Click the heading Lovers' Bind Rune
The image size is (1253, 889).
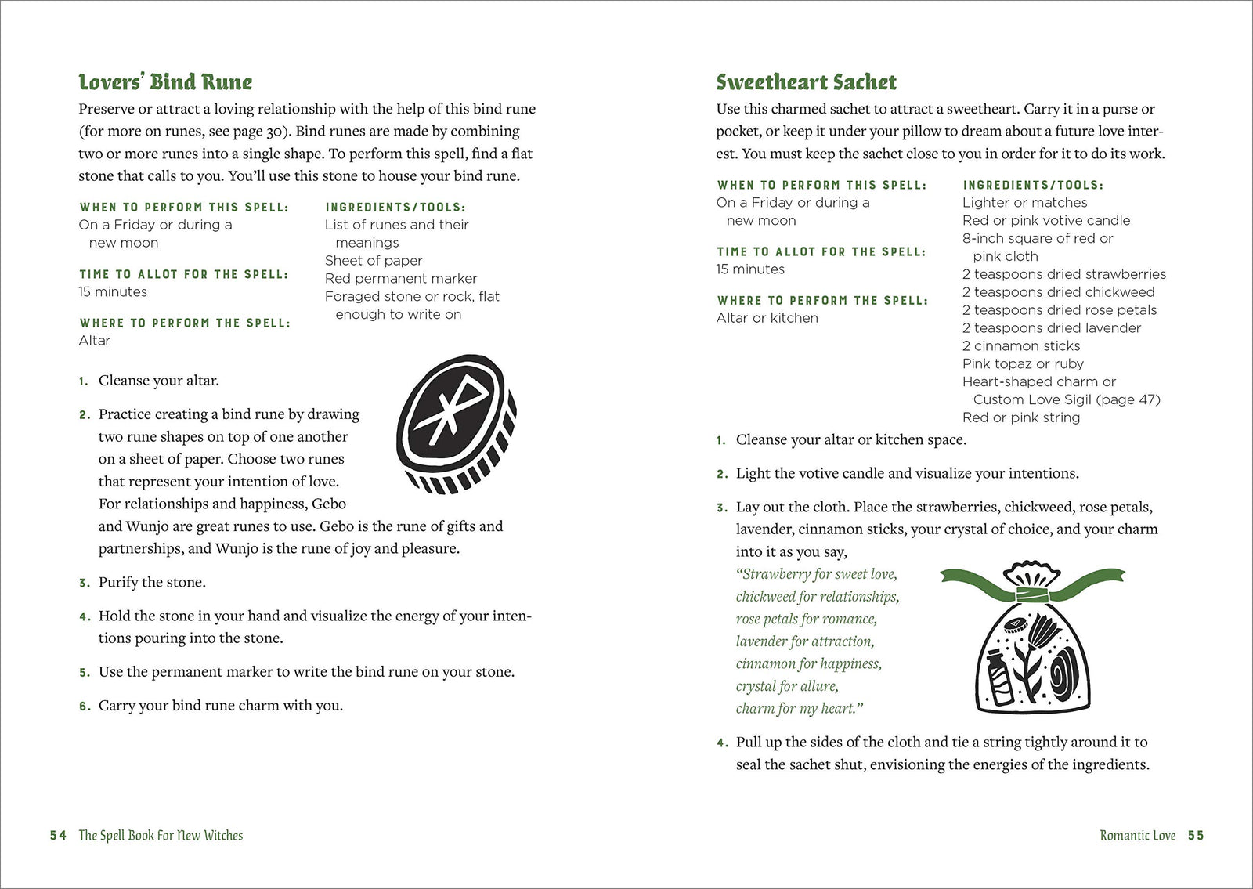point(165,82)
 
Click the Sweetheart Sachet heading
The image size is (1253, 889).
point(806,82)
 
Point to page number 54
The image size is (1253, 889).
point(58,836)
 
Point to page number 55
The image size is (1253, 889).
point(1195,836)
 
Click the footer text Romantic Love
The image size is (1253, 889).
point(1137,836)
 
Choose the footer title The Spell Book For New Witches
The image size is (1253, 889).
point(161,836)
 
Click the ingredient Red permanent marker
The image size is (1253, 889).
point(401,279)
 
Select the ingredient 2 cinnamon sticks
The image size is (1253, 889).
point(1021,346)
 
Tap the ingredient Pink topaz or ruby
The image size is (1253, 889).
point(1023,364)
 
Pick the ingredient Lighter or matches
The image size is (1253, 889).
point(1024,203)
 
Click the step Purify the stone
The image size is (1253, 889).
point(152,583)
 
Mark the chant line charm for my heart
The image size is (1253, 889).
point(799,709)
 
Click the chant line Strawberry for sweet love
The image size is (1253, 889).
point(817,574)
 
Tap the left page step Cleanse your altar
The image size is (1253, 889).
point(158,381)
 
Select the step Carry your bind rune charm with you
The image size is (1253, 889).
point(220,706)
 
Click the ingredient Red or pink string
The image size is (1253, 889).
point(1021,418)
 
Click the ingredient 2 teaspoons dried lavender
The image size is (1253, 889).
point(1052,328)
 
